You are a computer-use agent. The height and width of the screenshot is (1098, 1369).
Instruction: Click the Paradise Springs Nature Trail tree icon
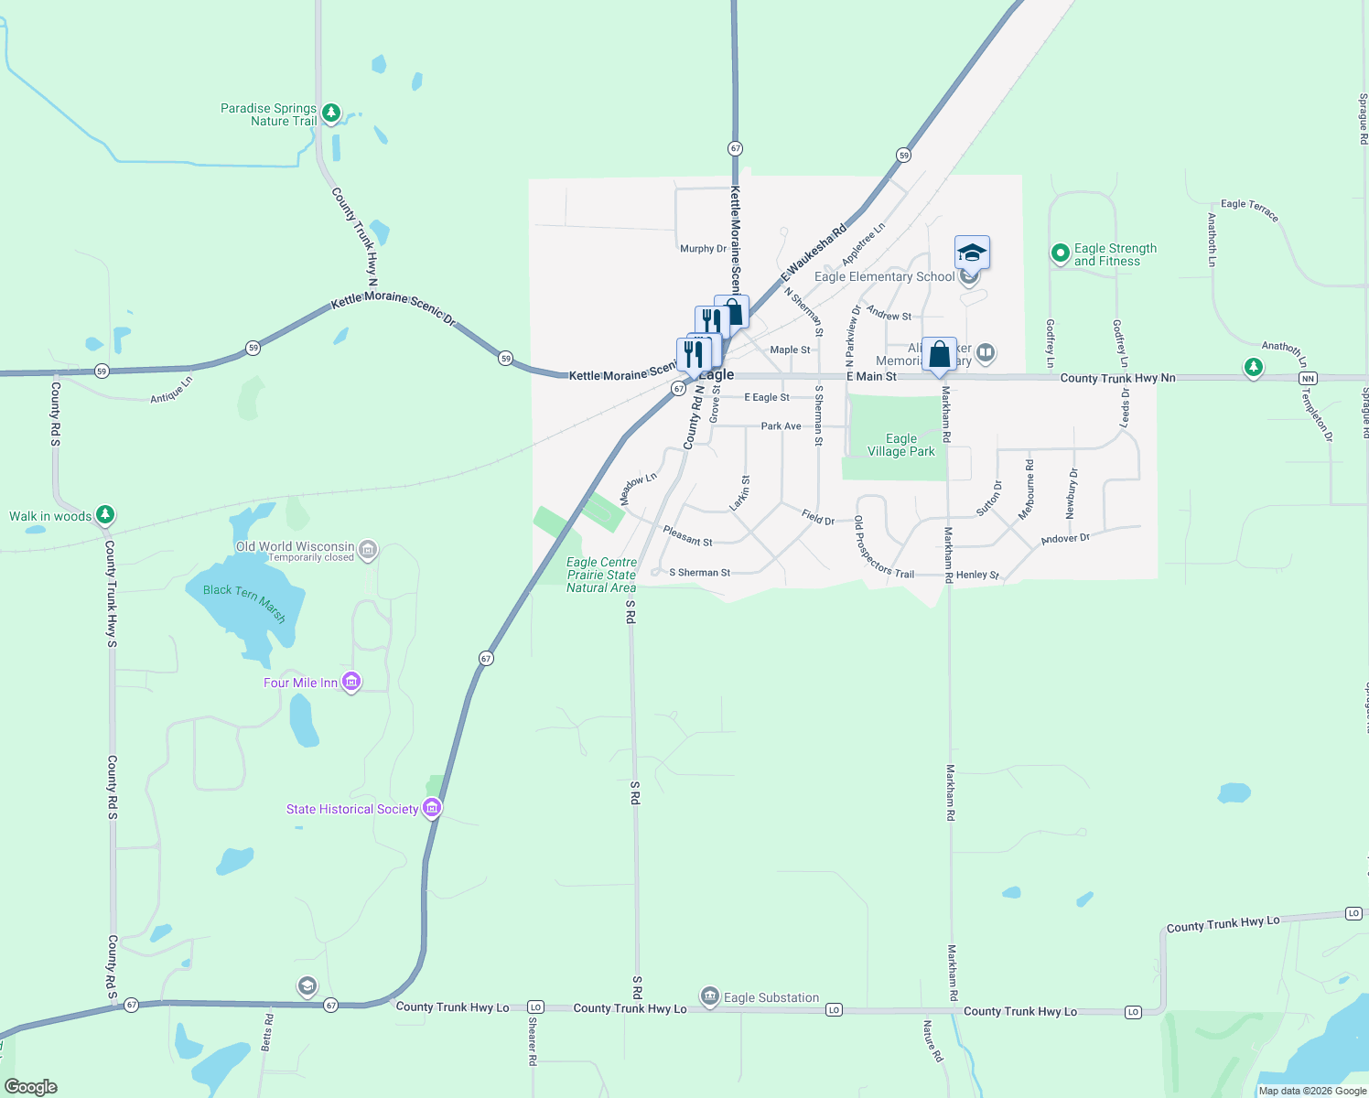331,113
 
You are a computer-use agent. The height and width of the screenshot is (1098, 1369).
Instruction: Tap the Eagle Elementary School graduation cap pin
972,253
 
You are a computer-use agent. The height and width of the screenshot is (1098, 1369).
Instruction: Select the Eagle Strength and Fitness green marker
1060,253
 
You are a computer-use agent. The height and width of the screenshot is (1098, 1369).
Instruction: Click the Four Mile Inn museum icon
351,682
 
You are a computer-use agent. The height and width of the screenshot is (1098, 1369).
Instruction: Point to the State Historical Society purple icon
432,808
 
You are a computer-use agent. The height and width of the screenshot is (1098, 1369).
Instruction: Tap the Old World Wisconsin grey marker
368,549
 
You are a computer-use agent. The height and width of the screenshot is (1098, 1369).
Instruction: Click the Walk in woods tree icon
105,515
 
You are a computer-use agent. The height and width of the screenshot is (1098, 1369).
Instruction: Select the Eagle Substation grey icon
709,996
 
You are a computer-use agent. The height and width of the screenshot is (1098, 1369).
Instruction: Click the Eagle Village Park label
901,445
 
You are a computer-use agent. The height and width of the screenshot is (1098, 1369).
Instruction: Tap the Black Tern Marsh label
244,602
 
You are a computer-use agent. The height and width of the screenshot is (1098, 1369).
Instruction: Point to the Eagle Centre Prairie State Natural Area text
601,575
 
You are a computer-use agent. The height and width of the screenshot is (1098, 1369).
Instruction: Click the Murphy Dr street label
703,249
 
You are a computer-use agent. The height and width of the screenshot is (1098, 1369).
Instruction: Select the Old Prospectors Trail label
883,548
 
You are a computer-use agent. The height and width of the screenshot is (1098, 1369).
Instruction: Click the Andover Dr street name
1065,539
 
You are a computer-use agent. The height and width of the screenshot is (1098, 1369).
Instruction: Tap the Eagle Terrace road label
1249,210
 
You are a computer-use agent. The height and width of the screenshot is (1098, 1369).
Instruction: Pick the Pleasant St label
687,536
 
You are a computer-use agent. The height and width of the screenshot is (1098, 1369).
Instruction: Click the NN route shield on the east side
1308,378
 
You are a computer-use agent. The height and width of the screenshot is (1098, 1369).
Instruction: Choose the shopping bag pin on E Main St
939,355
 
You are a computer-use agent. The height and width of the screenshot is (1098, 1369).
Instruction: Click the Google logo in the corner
31,1087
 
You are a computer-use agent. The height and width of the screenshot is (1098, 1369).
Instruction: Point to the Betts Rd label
267,1031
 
